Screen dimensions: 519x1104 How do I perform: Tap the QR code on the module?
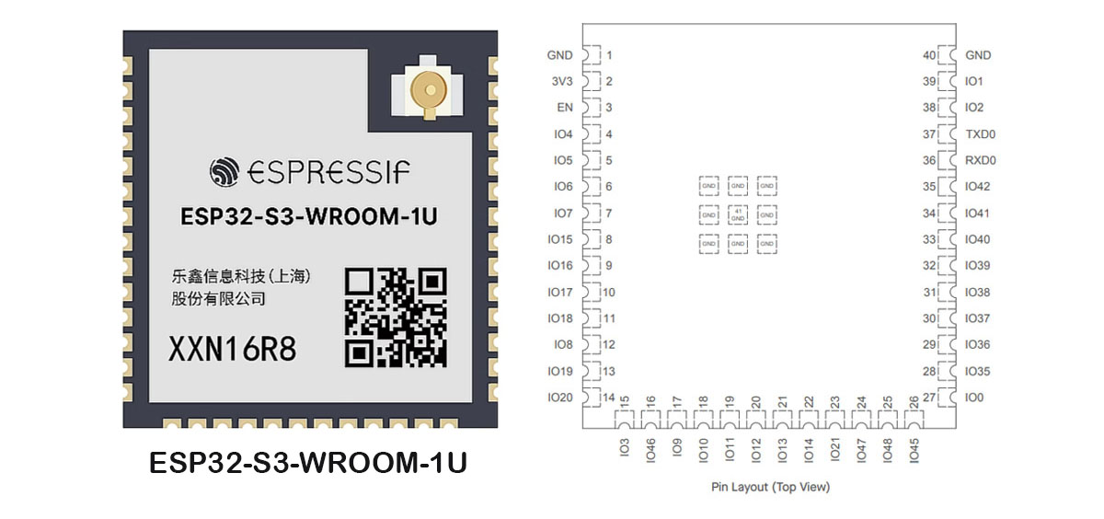(395, 316)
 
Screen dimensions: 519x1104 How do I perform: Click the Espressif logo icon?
(224, 171)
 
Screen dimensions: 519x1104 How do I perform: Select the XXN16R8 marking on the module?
(232, 350)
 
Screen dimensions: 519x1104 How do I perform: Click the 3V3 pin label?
(560, 81)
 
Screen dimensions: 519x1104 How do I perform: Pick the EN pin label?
(565, 108)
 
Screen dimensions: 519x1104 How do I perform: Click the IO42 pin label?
(978, 187)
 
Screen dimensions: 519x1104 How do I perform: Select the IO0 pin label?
(974, 398)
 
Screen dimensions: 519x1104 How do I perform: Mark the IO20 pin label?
(559, 398)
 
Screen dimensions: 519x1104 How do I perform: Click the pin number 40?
(929, 55)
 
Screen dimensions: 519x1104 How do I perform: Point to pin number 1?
(609, 55)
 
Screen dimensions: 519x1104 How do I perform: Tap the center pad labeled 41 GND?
(737, 214)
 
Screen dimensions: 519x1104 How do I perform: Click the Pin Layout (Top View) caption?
(770, 487)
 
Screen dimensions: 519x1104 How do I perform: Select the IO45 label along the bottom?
(914, 450)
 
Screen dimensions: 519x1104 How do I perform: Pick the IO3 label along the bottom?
(625, 448)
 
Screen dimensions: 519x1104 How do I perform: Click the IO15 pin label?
(559, 239)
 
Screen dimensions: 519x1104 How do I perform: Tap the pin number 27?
(929, 398)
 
